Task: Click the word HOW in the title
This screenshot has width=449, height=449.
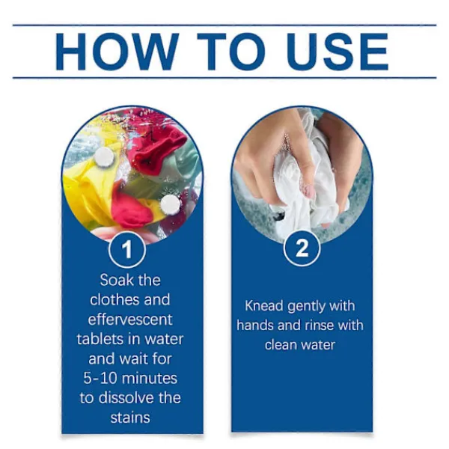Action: (115, 52)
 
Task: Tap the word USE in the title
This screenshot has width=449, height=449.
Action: (338, 52)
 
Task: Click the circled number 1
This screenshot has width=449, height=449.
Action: (127, 249)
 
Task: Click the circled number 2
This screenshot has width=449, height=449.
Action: (302, 248)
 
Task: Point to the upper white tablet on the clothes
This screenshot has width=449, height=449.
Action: (104, 156)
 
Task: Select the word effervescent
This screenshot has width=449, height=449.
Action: (130, 320)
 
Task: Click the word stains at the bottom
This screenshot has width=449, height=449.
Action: (130, 418)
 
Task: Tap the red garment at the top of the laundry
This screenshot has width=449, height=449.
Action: (156, 149)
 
